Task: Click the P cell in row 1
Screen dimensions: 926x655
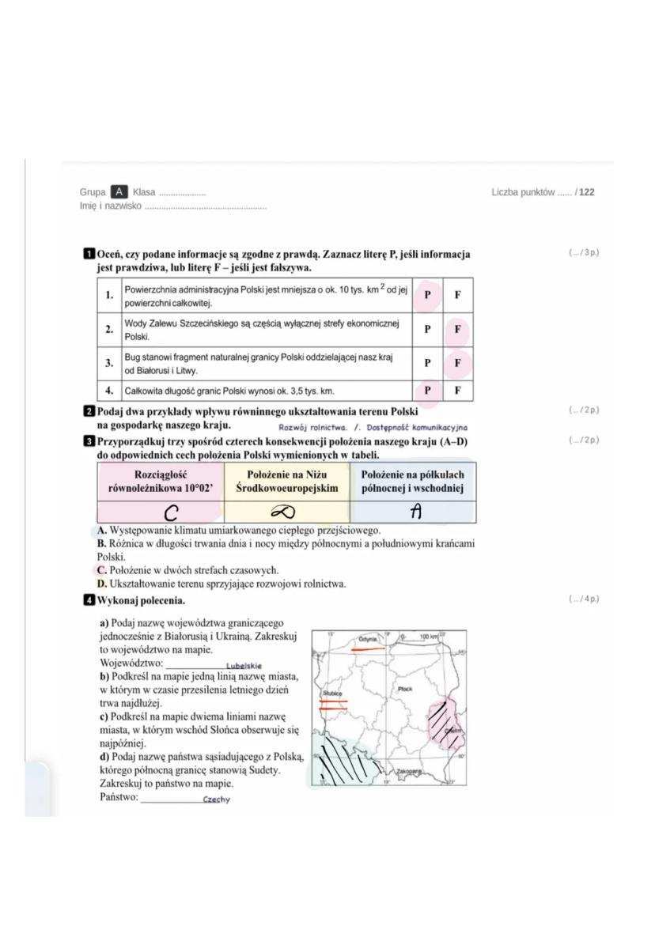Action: click(x=427, y=294)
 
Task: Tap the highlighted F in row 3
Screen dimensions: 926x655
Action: click(x=457, y=363)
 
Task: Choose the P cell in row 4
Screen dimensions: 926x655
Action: click(x=427, y=390)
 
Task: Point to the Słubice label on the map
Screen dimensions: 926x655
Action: click(x=331, y=693)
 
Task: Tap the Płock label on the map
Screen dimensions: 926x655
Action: click(x=405, y=689)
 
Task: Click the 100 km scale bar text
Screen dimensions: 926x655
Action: click(x=430, y=636)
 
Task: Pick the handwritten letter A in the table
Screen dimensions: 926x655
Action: click(x=414, y=512)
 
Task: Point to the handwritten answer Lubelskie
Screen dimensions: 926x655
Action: click(x=244, y=666)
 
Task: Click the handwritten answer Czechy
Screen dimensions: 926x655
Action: click(x=216, y=799)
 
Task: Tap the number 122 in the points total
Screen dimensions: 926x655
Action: click(x=586, y=192)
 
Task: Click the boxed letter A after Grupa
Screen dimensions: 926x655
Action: click(x=119, y=192)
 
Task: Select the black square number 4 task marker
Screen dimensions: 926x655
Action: click(x=89, y=599)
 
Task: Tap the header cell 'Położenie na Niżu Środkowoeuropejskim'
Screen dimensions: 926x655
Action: click(x=286, y=481)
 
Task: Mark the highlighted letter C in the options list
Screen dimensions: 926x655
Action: click(x=101, y=569)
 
